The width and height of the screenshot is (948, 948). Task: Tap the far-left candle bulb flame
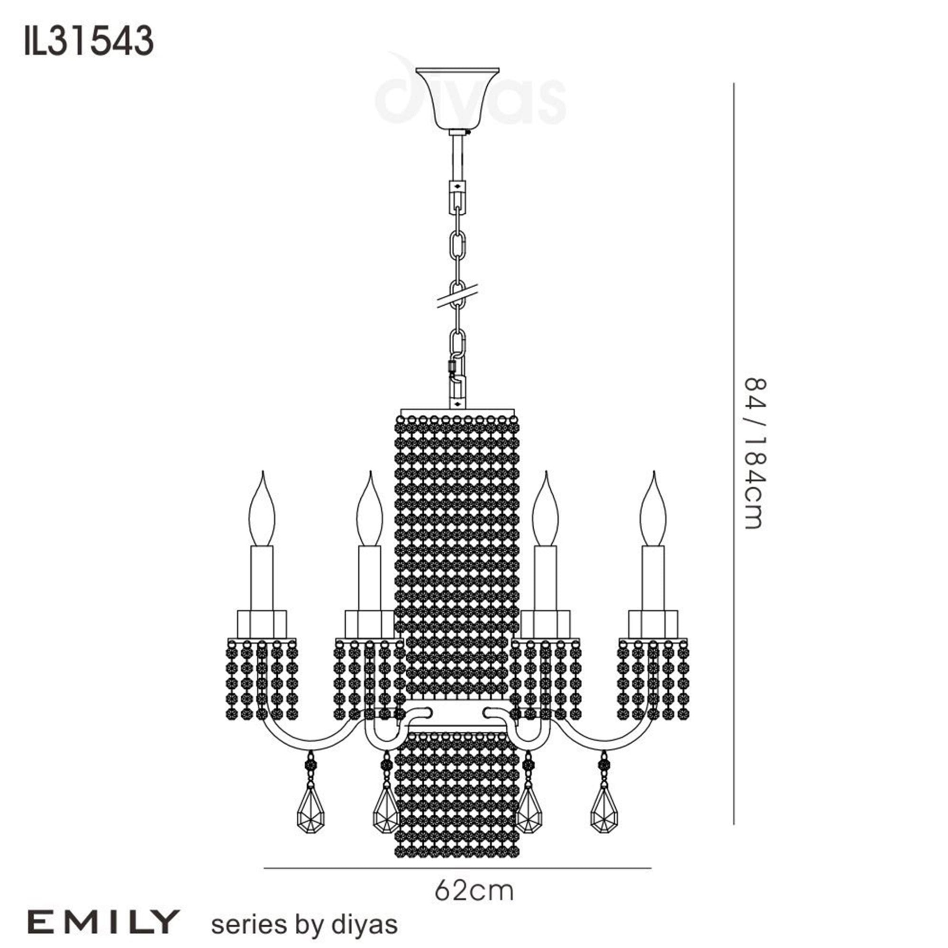(262, 513)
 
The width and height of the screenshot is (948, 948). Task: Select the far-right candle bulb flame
(653, 513)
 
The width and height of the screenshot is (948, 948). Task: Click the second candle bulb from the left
(369, 513)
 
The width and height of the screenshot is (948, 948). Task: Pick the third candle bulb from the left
(545, 513)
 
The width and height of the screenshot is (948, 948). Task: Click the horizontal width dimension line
(457, 868)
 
